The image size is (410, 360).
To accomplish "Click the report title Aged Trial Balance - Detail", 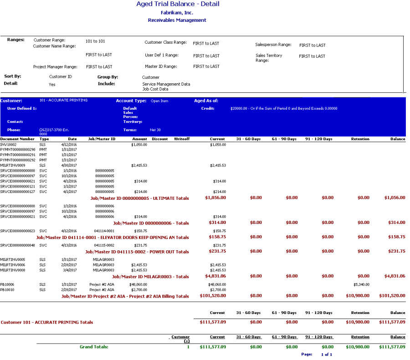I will (178, 4).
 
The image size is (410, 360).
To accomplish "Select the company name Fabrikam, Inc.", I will (177, 13).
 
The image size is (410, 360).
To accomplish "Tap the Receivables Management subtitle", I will (177, 20).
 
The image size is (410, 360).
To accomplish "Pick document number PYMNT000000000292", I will (18, 160).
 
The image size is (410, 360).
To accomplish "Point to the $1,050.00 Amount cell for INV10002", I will (139, 144).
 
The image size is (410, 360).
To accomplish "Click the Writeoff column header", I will (182, 139).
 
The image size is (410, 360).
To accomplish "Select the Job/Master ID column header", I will (102, 139).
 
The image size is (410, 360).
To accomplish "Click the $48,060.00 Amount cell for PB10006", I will (138, 284).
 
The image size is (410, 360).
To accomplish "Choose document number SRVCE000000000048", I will (18, 245).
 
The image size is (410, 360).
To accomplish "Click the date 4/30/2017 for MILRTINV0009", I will (69, 165).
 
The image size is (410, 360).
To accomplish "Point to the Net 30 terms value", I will (155, 130).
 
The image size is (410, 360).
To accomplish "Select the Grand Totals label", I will (94, 347).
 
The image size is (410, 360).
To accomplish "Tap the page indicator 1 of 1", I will (326, 355).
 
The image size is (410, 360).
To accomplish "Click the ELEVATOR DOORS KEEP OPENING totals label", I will (112, 237).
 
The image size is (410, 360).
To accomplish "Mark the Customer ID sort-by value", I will (61, 77).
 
